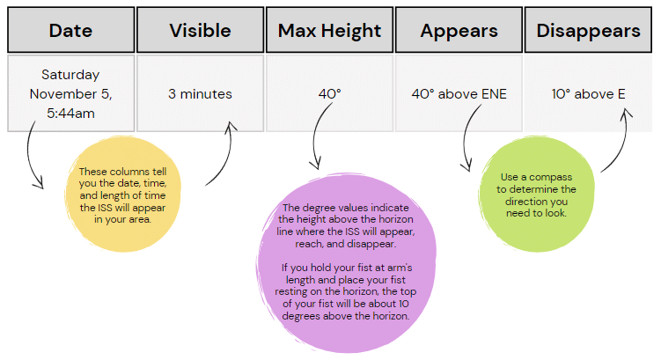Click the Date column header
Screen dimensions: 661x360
click(70, 30)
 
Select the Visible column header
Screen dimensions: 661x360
click(201, 30)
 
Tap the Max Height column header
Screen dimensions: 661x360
click(330, 30)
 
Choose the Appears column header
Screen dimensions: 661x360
click(459, 30)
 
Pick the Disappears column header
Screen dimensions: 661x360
click(588, 30)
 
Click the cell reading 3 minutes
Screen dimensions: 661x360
click(201, 93)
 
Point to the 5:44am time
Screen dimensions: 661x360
click(70, 113)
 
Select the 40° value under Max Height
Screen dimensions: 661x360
click(330, 93)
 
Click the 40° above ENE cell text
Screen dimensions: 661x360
click(459, 93)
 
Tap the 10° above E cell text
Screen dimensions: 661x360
click(589, 93)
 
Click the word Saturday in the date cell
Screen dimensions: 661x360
click(70, 75)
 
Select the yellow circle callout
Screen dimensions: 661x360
click(122, 195)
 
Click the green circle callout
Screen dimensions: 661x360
click(537, 195)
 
